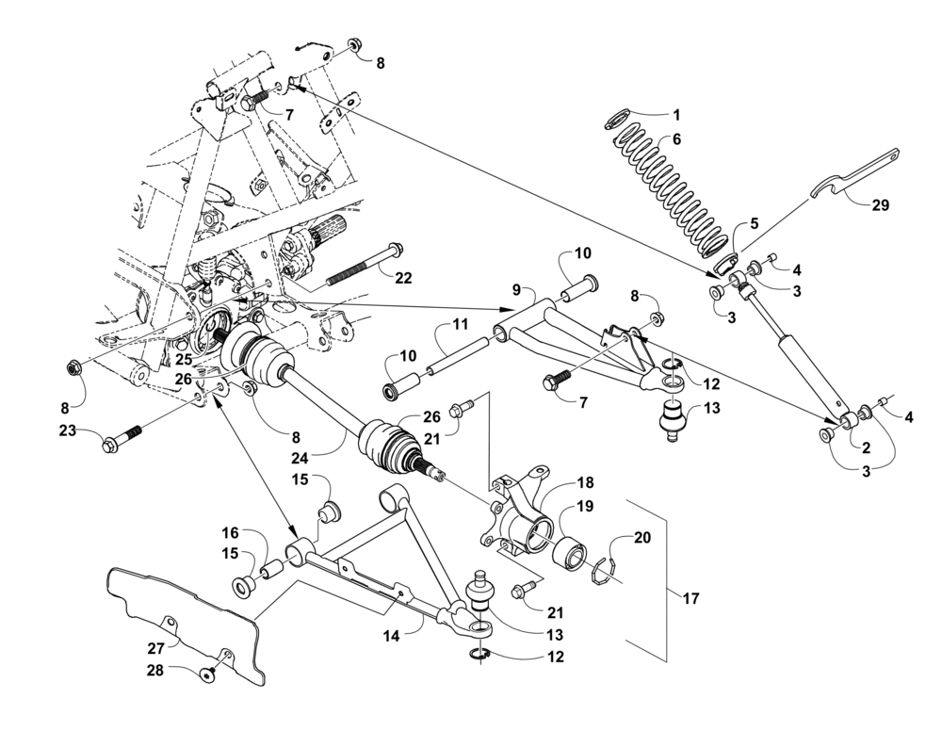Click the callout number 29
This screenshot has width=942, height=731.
coord(880,205)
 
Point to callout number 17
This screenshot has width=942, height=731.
coord(691,598)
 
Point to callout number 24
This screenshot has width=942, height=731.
coord(300,459)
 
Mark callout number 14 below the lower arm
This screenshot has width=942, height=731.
coord(392,636)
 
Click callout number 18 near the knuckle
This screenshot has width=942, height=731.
coord(586,482)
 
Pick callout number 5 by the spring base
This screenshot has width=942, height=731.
coord(754,223)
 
